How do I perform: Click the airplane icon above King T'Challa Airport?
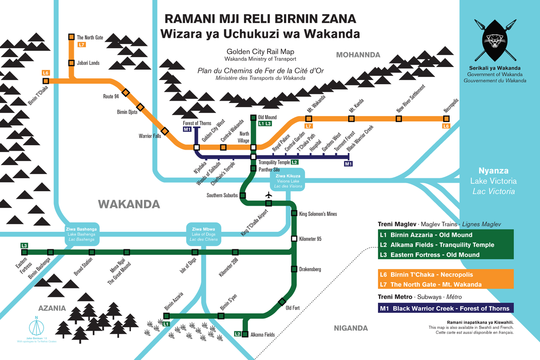[269, 195]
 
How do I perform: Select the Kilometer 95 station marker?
[294, 238]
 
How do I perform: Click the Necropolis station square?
[446, 118]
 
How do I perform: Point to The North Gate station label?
[90, 38]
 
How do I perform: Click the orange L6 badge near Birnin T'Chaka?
[45, 73]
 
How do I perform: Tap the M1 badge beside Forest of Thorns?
[188, 130]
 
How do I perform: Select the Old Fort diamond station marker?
[282, 301]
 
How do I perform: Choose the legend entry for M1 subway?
[445, 308]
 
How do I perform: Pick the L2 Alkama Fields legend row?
[445, 245]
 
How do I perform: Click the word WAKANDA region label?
[129, 205]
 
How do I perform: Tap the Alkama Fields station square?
[245, 334]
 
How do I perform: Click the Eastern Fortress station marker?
[24, 252]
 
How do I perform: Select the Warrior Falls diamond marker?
[165, 131]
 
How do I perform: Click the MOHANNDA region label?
[358, 55]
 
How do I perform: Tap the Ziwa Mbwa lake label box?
[204, 233]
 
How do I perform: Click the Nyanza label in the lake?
[493, 171]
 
